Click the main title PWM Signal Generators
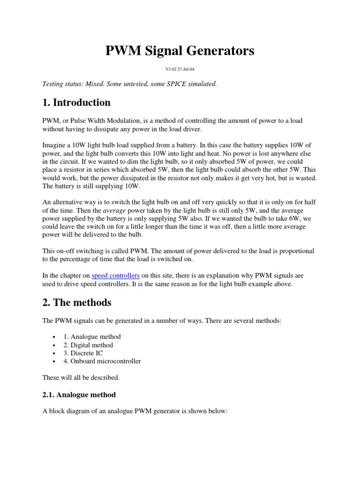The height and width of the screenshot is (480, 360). click(x=180, y=50)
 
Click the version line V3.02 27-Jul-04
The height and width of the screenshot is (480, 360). click(x=180, y=69)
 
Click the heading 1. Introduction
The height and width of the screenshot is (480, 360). click(x=76, y=103)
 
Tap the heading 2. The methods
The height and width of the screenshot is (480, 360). click(x=77, y=302)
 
